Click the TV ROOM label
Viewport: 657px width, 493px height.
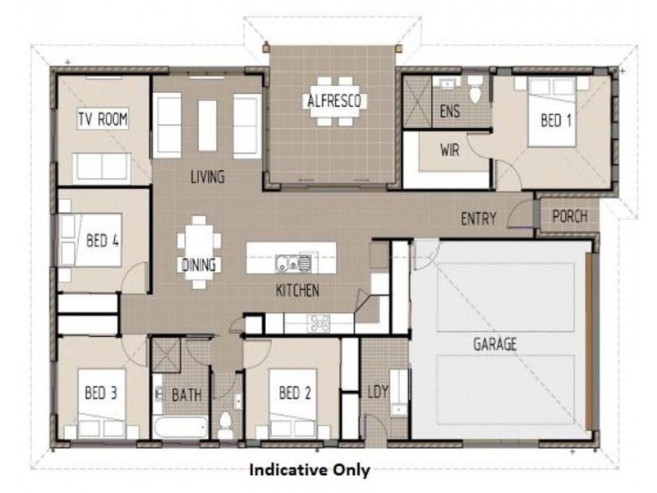(x=103, y=120)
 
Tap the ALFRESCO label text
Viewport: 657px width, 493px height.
(x=333, y=102)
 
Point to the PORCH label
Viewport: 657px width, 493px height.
(x=569, y=217)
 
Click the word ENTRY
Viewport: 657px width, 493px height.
(x=480, y=219)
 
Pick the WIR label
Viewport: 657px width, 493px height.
(x=449, y=150)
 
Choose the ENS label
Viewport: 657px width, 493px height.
(x=450, y=111)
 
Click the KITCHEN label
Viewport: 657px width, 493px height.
(x=297, y=290)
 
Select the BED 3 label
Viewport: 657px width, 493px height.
(x=101, y=393)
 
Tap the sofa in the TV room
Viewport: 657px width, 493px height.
(x=101, y=167)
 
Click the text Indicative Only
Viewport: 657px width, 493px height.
(x=309, y=471)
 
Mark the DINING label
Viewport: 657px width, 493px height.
(x=199, y=265)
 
